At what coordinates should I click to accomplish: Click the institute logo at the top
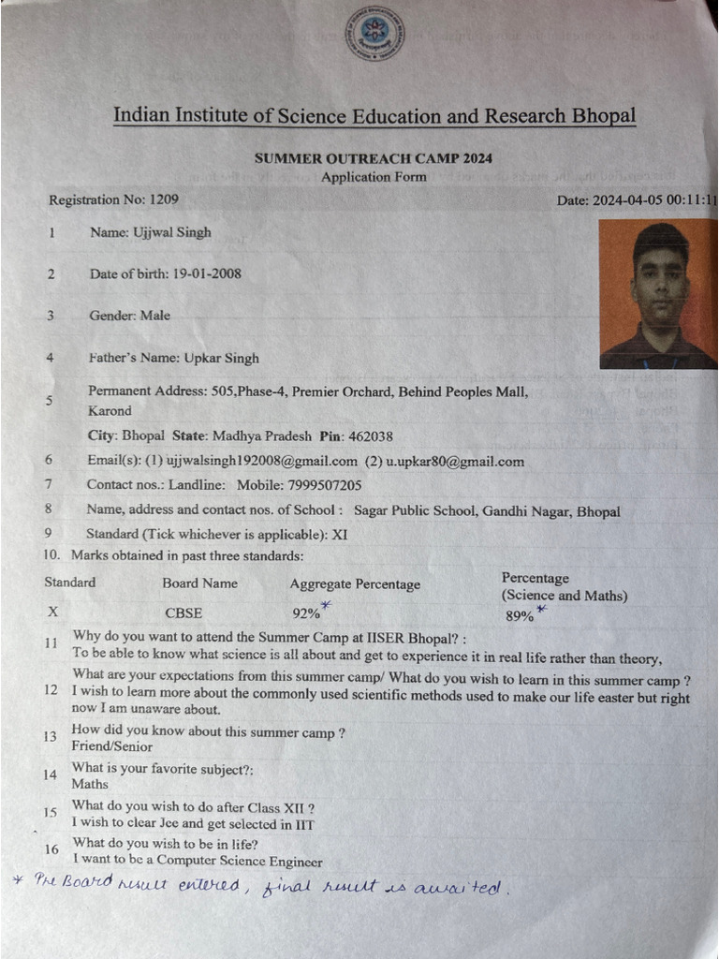[x=374, y=33]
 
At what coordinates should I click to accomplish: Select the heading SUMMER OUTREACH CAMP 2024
[x=374, y=158]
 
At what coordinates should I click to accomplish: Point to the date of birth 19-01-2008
[x=206, y=273]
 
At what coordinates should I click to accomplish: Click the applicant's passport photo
[x=658, y=293]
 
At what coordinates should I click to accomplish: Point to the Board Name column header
[x=199, y=583]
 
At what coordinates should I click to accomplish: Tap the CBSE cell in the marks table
[x=183, y=613]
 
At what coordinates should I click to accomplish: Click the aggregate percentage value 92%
[x=306, y=614]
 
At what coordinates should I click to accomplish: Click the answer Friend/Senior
[x=111, y=746]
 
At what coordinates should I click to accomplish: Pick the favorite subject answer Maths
[x=90, y=784]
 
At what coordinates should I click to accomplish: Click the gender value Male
[x=155, y=316]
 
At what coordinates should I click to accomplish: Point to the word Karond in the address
[x=110, y=411]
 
